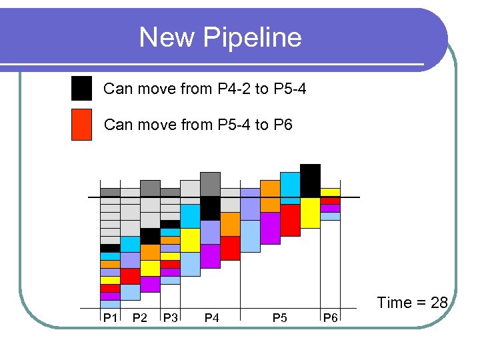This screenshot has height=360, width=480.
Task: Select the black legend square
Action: pos(81,88)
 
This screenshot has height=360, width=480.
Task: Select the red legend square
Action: pos(81,125)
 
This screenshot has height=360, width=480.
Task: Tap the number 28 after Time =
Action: pos(439,303)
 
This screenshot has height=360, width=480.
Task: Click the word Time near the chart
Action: pos(394,303)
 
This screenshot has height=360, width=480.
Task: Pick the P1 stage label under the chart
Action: pos(110,318)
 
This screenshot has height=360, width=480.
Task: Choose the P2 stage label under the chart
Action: pos(140,318)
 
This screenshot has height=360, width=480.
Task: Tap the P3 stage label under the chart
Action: pos(171,318)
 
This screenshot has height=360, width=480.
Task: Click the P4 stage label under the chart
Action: pos(211,318)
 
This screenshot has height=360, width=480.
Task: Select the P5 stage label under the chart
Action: pos(280,318)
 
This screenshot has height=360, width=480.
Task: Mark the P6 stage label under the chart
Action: pos(330,318)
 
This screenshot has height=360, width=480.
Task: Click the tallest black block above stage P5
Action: pos(310,180)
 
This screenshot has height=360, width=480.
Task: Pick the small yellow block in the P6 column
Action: pos(330,193)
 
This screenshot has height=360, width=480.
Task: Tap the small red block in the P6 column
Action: pos(330,201)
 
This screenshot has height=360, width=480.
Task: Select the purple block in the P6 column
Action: pos(330,208)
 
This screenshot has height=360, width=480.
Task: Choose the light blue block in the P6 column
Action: pos(330,216)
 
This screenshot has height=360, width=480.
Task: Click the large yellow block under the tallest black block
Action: pos(310,213)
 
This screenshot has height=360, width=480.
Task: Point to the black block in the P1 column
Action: pos(110,248)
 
